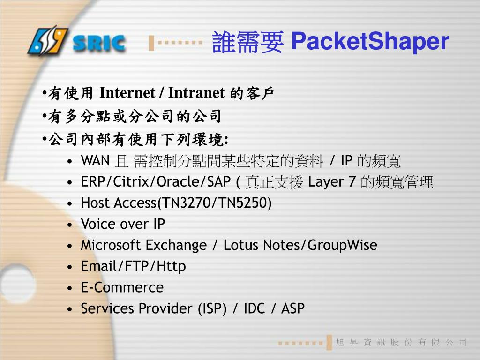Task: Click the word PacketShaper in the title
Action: pos(369,41)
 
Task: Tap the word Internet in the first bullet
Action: pos(127,93)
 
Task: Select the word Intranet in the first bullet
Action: pos(196,93)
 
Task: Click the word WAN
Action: pos(95,161)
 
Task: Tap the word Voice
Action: pos(97,224)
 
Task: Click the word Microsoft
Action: pos(111,245)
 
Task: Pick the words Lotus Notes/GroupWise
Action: pos(300,245)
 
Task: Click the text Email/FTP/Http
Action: pos(133,266)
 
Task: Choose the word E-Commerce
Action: pos(122,287)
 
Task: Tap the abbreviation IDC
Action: pos(254,308)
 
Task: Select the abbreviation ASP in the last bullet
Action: pos(293,308)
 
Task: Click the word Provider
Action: pos(166,308)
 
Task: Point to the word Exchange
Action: pos(176,245)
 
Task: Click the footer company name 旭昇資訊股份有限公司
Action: pos(402,343)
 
